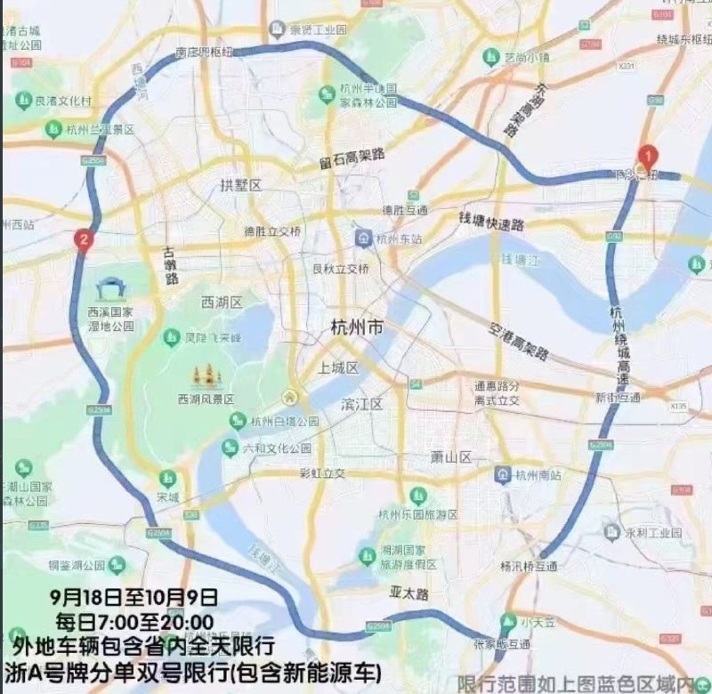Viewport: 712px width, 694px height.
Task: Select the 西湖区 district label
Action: click(222, 303)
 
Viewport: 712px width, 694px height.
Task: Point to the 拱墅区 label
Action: click(240, 185)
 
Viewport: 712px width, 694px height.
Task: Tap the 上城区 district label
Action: click(338, 367)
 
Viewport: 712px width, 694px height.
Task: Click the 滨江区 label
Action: click(361, 405)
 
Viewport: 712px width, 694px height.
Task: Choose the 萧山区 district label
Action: click(450, 456)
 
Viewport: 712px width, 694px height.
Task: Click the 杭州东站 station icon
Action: click(363, 238)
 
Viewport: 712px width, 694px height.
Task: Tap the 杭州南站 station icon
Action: click(504, 472)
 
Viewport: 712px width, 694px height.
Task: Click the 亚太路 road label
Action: click(409, 593)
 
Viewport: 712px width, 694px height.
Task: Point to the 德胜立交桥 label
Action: click(273, 231)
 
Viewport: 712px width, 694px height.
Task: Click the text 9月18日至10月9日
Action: click(134, 595)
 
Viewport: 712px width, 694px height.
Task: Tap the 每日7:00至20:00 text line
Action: click(134, 620)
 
